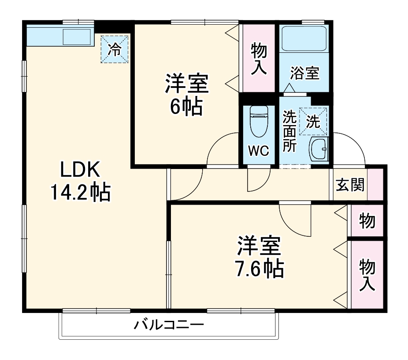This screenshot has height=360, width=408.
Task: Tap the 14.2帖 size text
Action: click(x=80, y=192)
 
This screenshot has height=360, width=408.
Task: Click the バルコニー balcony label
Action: click(x=169, y=326)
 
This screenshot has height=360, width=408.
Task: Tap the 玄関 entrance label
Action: click(x=351, y=185)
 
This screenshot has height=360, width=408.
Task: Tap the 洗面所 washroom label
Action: click(x=289, y=132)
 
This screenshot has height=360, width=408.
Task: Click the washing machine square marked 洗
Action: click(x=313, y=121)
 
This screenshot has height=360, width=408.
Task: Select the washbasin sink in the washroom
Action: click(x=318, y=150)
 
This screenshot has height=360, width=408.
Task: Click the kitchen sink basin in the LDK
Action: click(x=77, y=36)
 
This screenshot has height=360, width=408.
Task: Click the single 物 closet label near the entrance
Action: click(x=367, y=220)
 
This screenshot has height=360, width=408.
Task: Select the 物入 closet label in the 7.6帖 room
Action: click(x=367, y=275)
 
